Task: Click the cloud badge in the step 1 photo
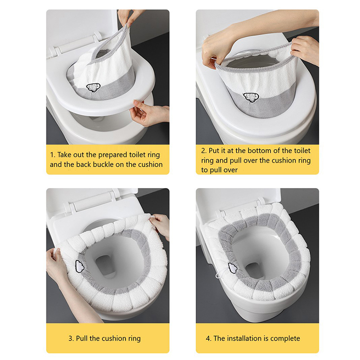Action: click(x=93, y=87)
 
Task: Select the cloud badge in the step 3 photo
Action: click(x=80, y=266)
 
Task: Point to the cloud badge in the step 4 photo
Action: click(x=233, y=268)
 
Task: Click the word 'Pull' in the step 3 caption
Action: click(x=82, y=338)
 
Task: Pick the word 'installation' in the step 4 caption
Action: click(x=245, y=338)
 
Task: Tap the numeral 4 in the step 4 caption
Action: click(x=208, y=338)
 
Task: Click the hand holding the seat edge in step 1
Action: click(x=149, y=113)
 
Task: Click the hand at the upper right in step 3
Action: click(x=161, y=225)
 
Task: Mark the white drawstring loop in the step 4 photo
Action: click(x=218, y=275)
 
